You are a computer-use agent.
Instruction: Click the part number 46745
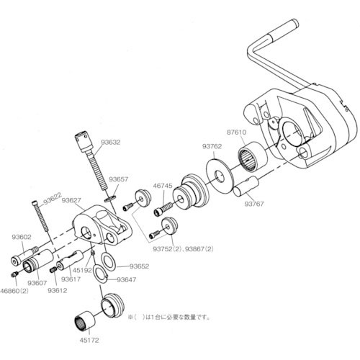[162, 186]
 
